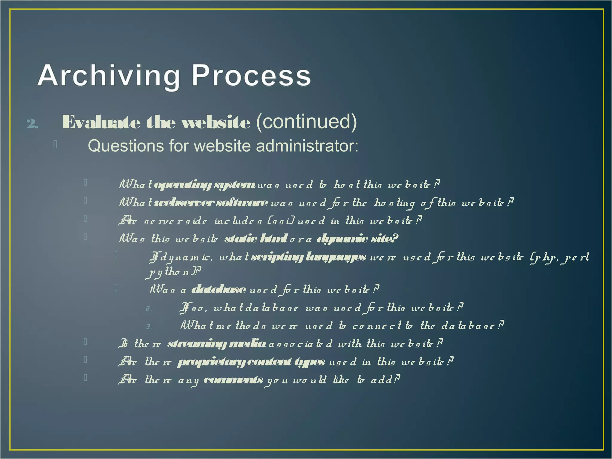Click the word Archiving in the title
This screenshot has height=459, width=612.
pos(108,76)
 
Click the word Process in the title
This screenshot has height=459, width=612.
pos(251,76)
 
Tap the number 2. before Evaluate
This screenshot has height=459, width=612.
pos(32,123)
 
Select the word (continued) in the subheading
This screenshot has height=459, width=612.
pos(306,122)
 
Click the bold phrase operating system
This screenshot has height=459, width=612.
pos(204,185)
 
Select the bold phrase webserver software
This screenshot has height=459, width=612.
pos(211,203)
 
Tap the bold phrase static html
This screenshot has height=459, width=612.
pos(256,239)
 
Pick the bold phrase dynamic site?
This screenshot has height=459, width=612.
pos(357,239)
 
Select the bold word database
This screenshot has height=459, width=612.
pos(218,290)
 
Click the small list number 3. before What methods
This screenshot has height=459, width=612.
pos(149,327)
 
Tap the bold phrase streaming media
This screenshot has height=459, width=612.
pos(216,344)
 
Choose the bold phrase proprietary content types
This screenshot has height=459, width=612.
pos(251,362)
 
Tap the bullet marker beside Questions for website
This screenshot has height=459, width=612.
pos(55,145)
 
